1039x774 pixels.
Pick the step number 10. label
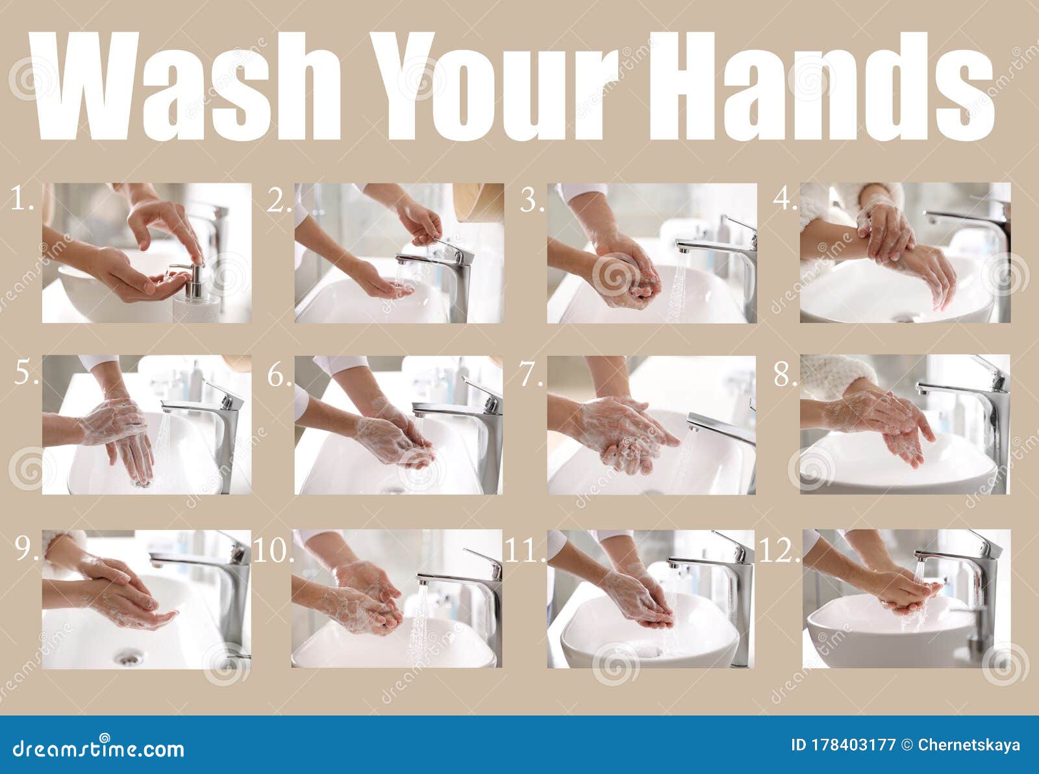point(273,551)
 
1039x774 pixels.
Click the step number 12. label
point(779,551)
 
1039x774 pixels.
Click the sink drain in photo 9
point(128,658)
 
